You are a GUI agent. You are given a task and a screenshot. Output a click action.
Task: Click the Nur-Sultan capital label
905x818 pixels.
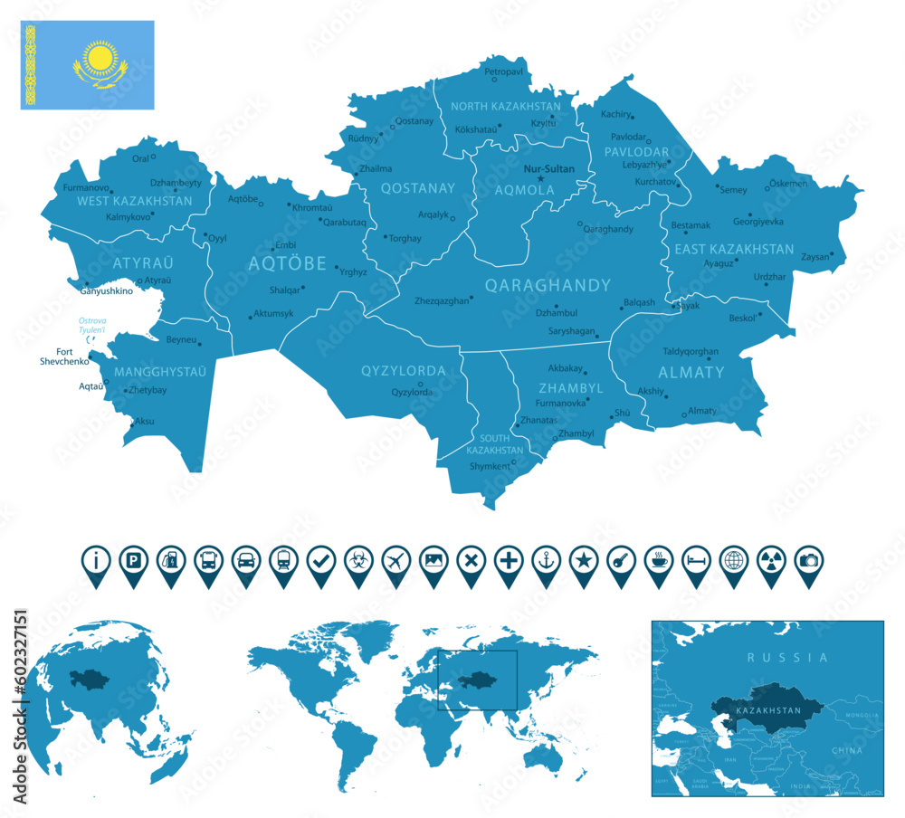(549, 168)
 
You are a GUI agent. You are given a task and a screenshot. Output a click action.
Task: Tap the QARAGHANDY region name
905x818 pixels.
(548, 285)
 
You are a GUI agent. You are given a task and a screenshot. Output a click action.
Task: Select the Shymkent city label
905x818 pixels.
(490, 466)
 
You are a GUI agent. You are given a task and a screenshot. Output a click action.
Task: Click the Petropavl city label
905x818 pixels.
(504, 71)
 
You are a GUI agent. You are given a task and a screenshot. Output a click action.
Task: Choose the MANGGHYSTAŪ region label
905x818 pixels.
(159, 371)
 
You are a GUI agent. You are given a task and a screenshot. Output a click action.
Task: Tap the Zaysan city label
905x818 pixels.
(814, 256)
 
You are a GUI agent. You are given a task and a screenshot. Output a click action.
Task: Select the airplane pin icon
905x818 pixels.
(395, 560)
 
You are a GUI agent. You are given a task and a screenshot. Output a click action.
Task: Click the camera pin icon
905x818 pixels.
(807, 560)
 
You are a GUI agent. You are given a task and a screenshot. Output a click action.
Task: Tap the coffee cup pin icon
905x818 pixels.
(658, 560)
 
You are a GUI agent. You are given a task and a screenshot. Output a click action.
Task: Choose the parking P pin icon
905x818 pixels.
(133, 560)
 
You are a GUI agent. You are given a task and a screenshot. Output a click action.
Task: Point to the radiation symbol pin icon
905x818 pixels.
(770, 560)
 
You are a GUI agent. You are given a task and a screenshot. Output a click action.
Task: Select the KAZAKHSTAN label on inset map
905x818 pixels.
(768, 710)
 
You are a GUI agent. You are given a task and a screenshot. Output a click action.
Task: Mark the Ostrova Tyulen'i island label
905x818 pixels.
(92, 326)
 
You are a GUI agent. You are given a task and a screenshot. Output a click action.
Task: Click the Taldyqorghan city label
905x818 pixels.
(691, 351)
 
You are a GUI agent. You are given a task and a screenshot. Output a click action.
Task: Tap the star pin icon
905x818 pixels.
(583, 560)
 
